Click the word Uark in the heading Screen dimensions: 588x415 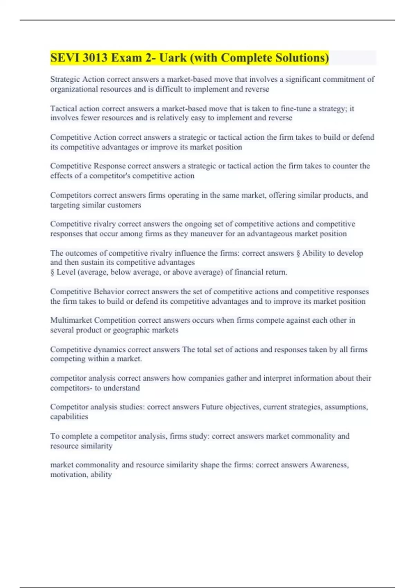pos(173,58)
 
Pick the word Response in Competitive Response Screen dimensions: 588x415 pos(110,166)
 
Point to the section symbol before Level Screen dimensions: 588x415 pos(52,272)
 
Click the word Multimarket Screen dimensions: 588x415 pos(71,320)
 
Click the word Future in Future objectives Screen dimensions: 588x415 pos(212,407)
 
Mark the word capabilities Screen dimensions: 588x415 pos(69,417)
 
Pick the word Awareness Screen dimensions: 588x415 pos(329,465)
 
